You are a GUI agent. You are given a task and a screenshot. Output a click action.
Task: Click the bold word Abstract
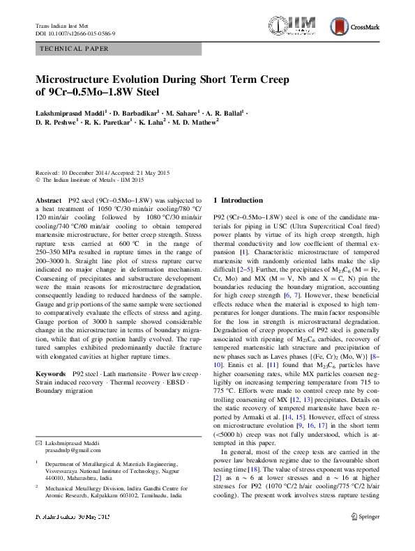tap(48, 199)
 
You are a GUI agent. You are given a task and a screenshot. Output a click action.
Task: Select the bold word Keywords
tap(52, 374)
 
